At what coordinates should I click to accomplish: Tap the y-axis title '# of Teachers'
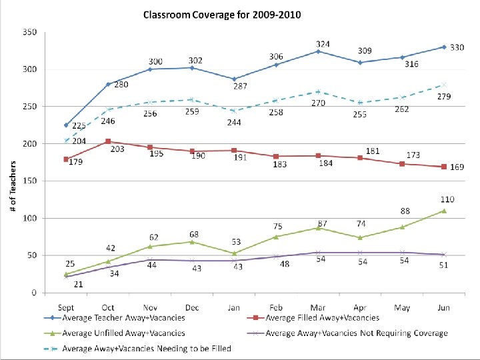[13, 186]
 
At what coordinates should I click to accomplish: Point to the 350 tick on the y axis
[29, 32]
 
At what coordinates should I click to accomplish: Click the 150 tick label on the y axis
[29, 181]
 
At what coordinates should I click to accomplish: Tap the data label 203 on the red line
[112, 149]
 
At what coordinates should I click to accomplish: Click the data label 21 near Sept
[78, 284]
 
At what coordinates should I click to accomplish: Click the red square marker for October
[108, 141]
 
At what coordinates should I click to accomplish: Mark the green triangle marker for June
[443, 211]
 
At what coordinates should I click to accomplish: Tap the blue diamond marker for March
[318, 51]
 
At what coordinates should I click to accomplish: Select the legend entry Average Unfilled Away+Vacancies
[123, 333]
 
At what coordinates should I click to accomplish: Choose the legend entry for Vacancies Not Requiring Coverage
[355, 333]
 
